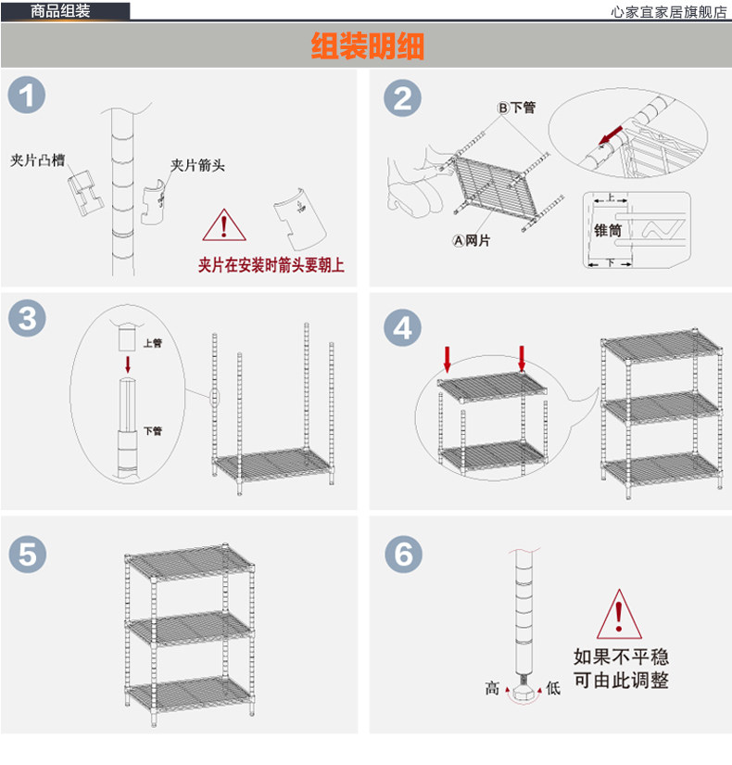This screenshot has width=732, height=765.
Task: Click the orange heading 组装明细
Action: [x=367, y=45]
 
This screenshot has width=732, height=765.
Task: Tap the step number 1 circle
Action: [x=27, y=96]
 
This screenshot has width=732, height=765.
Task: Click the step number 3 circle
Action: [x=27, y=319]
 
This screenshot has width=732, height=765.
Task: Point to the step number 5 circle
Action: [x=27, y=555]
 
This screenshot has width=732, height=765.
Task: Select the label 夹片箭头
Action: [x=197, y=166]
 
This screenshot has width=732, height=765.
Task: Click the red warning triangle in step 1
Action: [x=222, y=225]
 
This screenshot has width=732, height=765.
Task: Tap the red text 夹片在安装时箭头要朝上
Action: [x=271, y=266]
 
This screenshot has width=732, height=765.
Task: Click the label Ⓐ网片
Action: [x=472, y=241]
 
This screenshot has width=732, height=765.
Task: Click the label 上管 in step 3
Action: [x=153, y=343]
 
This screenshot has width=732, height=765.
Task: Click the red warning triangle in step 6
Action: [x=620, y=614]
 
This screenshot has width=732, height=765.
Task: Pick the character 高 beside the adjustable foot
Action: [x=492, y=688]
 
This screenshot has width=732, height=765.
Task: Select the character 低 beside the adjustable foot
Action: [x=553, y=688]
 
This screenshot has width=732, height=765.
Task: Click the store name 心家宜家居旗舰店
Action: [x=670, y=12]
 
